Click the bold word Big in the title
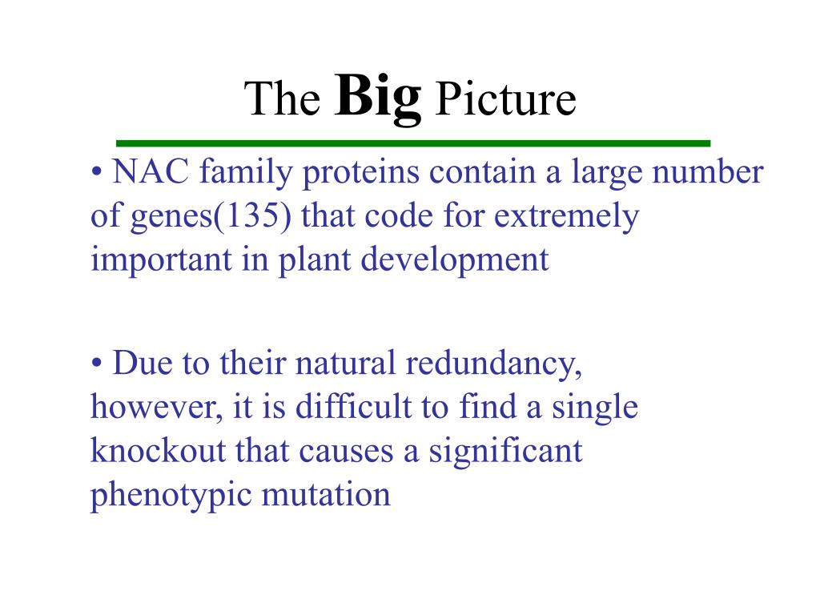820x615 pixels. (x=378, y=98)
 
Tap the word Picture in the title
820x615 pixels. (x=505, y=98)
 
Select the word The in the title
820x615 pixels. (x=282, y=98)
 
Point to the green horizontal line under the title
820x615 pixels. (x=413, y=143)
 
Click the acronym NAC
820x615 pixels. (x=151, y=171)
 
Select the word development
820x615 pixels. (x=455, y=260)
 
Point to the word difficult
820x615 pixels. (x=354, y=407)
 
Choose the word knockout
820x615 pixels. (x=158, y=450)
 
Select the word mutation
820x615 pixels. (x=326, y=494)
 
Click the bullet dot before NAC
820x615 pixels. (x=96, y=171)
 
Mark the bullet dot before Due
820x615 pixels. (x=96, y=363)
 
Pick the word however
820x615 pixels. (x=156, y=408)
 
